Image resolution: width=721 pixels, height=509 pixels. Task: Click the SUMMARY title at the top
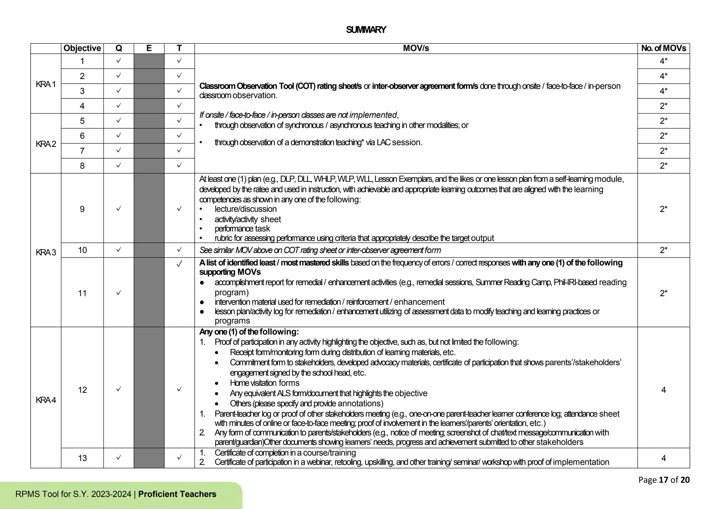click(366, 30)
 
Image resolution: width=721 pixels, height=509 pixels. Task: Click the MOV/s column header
click(416, 49)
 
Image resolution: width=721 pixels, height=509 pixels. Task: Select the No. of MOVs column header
click(663, 49)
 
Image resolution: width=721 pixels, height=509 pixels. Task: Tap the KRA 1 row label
click(46, 84)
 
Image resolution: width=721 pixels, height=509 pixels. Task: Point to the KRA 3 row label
click(46, 252)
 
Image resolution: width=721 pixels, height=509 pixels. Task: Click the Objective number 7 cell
click(82, 151)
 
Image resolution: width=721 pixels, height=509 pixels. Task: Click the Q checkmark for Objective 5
click(119, 120)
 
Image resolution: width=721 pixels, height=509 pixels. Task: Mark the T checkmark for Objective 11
click(179, 264)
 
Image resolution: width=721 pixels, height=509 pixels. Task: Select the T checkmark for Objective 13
click(179, 457)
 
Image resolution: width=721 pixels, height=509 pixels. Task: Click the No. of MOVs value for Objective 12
click(663, 390)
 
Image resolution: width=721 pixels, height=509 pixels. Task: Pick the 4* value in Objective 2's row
click(663, 76)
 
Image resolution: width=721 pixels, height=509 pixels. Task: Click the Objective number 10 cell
click(82, 250)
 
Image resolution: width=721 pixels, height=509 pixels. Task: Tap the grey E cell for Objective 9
click(149, 208)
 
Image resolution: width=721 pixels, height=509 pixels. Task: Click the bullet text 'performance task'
click(242, 229)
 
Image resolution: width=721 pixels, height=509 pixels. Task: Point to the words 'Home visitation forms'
click(264, 383)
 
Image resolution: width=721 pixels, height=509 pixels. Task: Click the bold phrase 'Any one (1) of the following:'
click(249, 332)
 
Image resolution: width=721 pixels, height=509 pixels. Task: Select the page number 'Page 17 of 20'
click(664, 480)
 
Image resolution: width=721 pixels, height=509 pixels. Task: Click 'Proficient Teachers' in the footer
click(177, 494)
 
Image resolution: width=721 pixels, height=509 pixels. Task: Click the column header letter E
click(149, 49)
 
